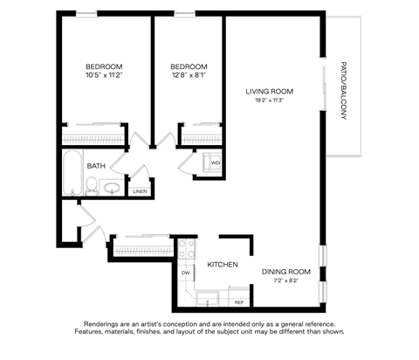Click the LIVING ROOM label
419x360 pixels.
tap(268, 91)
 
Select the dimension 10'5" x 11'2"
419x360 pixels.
tap(104, 76)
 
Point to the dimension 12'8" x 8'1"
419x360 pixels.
tap(189, 76)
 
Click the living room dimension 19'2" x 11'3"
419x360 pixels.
tap(268, 100)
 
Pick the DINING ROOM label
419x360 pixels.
tap(286, 271)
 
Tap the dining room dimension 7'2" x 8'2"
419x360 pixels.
tap(286, 280)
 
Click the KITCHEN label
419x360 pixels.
tap(223, 264)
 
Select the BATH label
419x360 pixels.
tap(95, 163)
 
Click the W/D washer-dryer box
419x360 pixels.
tap(215, 163)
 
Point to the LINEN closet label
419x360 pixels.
tap(140, 191)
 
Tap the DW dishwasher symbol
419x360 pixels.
tap(186, 273)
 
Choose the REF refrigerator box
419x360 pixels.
tap(237, 301)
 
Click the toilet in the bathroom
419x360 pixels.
tap(91, 184)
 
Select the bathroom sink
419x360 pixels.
tap(112, 186)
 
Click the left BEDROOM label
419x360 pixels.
tap(104, 66)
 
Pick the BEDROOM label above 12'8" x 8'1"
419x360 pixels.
tap(189, 66)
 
